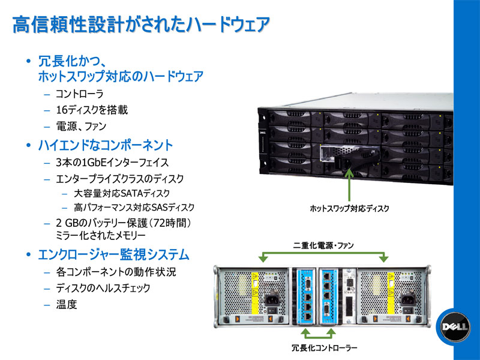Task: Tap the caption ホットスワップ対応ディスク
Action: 349,208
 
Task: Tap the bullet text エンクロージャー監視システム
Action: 113,254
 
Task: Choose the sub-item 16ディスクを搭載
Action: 91,110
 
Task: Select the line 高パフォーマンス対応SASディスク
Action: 134,208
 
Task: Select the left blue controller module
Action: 304,298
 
